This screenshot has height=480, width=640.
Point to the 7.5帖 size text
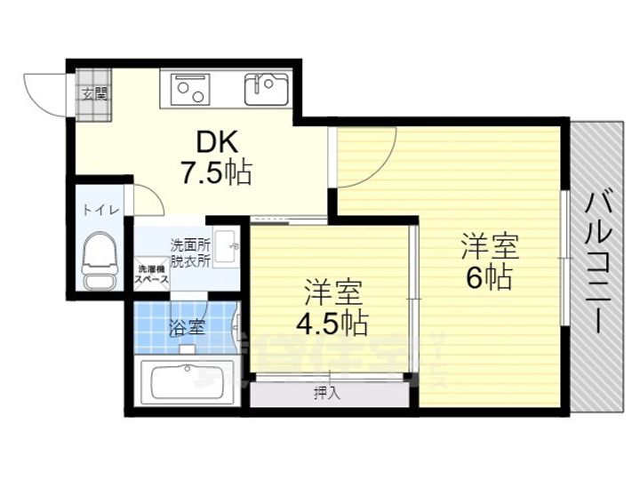(x=216, y=172)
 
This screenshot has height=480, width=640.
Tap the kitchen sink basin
(x=264, y=85)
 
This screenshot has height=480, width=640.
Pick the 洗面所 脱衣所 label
(x=190, y=252)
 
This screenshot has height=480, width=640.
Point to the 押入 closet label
(x=326, y=392)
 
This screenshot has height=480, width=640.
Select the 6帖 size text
(x=488, y=278)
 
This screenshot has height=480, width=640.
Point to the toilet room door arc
(x=147, y=199)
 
